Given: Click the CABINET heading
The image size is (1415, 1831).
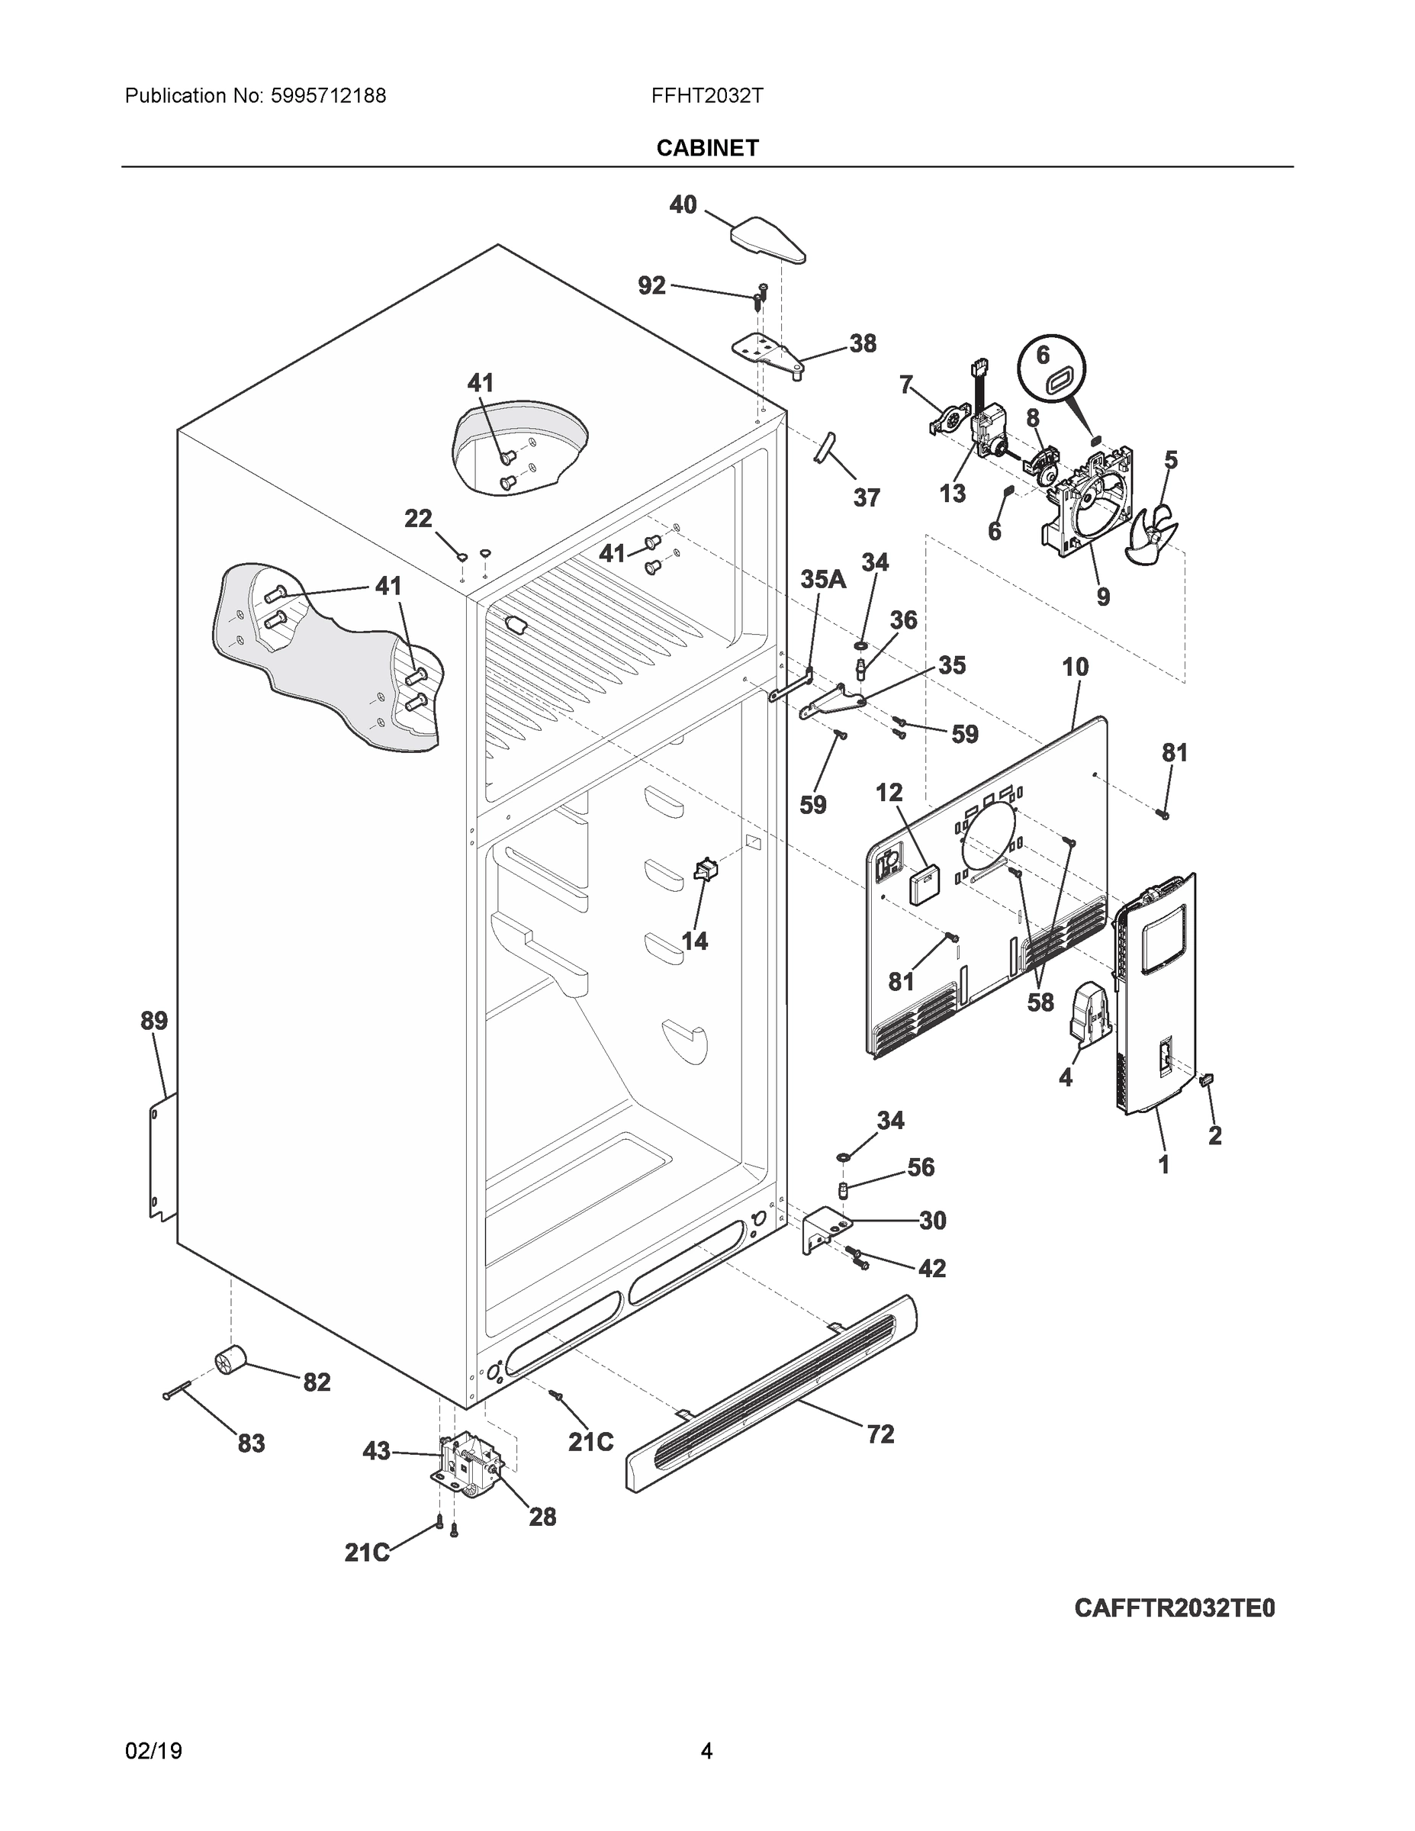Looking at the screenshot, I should (706, 149).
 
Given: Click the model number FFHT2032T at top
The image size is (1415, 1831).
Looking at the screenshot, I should (706, 96).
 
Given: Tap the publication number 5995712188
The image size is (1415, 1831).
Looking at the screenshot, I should (328, 96).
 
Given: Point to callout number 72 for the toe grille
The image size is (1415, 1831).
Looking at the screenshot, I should (880, 1434).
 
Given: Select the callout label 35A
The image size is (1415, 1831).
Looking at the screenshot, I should (822, 579).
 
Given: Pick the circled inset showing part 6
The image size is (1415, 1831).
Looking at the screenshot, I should (1052, 370).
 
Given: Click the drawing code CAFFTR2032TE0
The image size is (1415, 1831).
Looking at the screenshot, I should (1175, 1608).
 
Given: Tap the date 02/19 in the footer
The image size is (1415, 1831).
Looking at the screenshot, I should (153, 1752).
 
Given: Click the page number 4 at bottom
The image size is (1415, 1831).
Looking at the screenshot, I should (706, 1752).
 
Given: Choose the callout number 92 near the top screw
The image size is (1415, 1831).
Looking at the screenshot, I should (651, 286).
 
